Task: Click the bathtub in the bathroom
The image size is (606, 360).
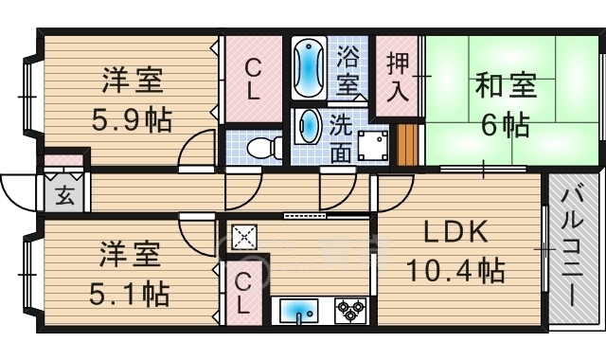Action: [309, 68]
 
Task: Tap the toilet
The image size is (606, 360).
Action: [264, 146]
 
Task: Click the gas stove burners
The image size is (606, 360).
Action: [350, 310]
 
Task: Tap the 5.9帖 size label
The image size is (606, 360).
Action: [134, 121]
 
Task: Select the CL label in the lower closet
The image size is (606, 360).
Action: [243, 292]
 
